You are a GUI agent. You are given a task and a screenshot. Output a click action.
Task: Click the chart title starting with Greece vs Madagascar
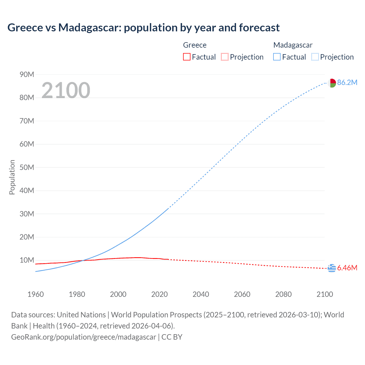pyautogui.click(x=143, y=28)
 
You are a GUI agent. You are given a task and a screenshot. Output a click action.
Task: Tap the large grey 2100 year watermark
pyautogui.click(x=66, y=90)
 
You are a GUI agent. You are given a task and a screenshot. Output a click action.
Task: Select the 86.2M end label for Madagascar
pyautogui.click(x=347, y=83)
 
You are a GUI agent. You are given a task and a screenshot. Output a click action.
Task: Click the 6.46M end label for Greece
pyautogui.click(x=347, y=268)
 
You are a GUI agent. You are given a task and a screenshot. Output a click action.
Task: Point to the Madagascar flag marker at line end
pyautogui.click(x=332, y=83)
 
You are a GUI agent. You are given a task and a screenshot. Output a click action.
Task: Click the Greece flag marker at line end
pyautogui.click(x=332, y=268)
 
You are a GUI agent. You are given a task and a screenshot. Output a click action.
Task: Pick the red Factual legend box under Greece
pyautogui.click(x=187, y=57)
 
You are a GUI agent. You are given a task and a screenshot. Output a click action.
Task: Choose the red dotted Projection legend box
pyautogui.click(x=225, y=57)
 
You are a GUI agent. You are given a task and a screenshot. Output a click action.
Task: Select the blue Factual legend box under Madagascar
pyautogui.click(x=277, y=57)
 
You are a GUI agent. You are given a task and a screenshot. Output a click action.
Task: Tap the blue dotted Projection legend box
pyautogui.click(x=315, y=57)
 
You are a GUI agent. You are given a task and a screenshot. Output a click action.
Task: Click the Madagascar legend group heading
pyautogui.click(x=293, y=45)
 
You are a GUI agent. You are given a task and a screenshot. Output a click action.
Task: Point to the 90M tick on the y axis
pyautogui.click(x=27, y=75)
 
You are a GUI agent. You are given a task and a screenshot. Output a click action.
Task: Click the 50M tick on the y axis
pyautogui.click(x=27, y=167)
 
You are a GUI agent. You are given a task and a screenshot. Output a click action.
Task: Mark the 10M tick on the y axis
pyautogui.click(x=27, y=260)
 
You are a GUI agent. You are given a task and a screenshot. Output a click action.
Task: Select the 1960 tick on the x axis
pyautogui.click(x=36, y=294)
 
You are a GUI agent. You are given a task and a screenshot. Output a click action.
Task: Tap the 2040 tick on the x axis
pyautogui.click(x=201, y=294)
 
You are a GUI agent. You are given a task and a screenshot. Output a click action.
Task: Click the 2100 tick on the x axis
pyautogui.click(x=325, y=294)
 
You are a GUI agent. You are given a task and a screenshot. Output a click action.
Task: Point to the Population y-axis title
pyautogui.click(x=12, y=177)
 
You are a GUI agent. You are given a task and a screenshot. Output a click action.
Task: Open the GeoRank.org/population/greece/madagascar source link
pyautogui.click(x=84, y=337)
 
